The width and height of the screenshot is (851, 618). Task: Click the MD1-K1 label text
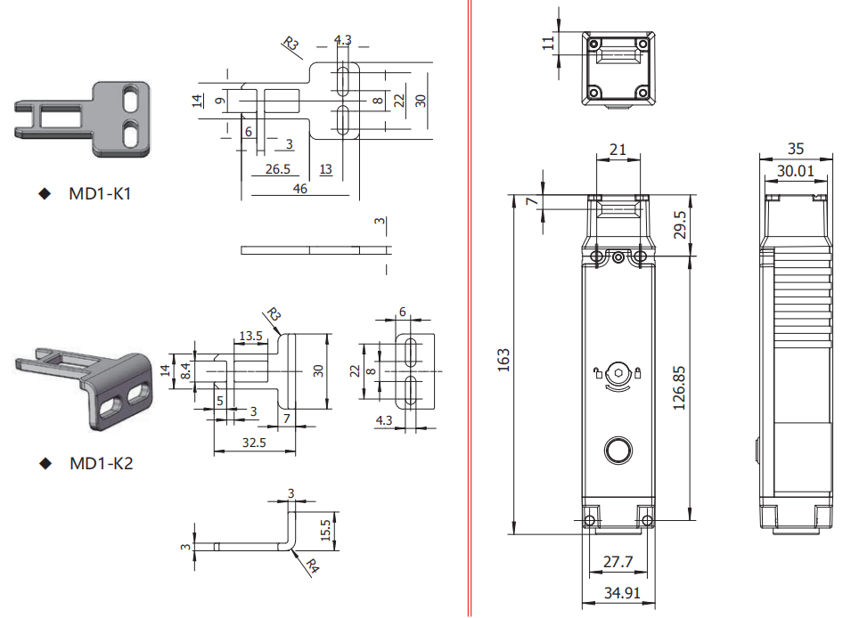point(100,193)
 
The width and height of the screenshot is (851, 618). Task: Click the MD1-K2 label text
point(101,463)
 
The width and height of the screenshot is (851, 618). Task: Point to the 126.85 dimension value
point(681,385)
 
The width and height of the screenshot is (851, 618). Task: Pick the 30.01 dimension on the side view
point(795,170)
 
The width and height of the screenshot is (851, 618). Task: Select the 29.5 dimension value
point(679,225)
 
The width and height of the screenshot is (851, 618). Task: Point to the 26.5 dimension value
point(277,169)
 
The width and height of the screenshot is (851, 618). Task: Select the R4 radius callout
point(312,565)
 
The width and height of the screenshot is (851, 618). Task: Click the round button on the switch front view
point(617,449)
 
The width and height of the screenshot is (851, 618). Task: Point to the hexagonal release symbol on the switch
point(617,372)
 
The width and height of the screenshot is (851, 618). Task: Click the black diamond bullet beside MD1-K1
point(44,193)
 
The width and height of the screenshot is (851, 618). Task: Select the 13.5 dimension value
point(250,336)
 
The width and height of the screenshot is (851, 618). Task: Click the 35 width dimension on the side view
point(795,150)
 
